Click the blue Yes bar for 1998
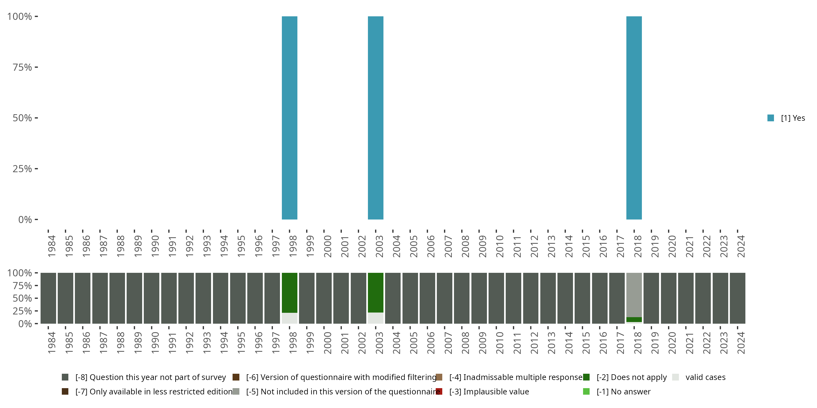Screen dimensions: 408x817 tap(289, 118)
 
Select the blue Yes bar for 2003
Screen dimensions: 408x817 tap(376, 118)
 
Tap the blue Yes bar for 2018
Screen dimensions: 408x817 tap(634, 118)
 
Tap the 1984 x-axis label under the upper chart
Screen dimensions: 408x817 tap(52, 246)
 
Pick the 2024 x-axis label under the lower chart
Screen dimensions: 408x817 tap(741, 343)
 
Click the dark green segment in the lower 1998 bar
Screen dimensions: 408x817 tap(289, 292)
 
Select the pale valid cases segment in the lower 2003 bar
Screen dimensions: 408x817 tap(376, 318)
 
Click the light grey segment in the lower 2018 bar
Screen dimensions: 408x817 tap(634, 295)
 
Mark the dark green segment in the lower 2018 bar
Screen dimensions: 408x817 tap(634, 319)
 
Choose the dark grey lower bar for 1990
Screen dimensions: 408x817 tap(152, 298)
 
